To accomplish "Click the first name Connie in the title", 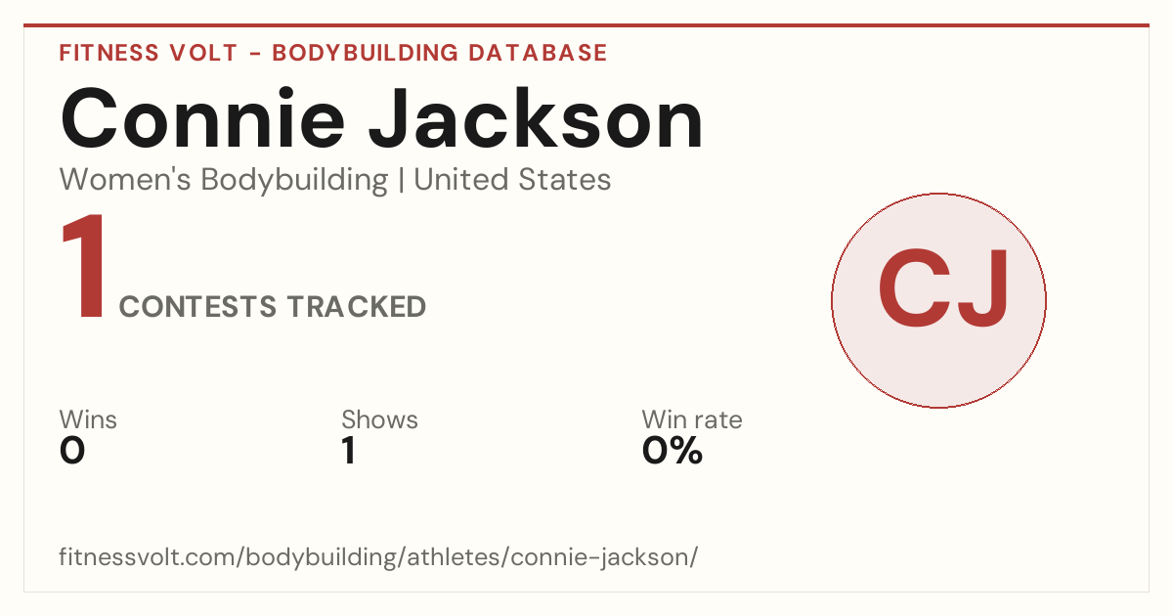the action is click(202, 119).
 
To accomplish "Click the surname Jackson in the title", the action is click(536, 119).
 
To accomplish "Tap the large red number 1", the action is click(84, 266).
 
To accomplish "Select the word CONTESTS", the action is click(197, 306).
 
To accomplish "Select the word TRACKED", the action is click(357, 306).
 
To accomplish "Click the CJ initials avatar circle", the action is click(939, 300).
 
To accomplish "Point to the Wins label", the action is click(88, 419).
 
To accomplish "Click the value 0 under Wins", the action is click(72, 451).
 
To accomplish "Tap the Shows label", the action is click(379, 419).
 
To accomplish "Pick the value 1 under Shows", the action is click(349, 451).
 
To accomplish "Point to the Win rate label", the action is click(692, 419).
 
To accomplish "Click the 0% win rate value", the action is click(673, 451).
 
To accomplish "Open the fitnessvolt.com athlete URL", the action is click(378, 556).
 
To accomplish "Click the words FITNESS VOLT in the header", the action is click(149, 53).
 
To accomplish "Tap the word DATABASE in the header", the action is click(538, 53).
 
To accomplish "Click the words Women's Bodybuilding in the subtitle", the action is click(224, 180).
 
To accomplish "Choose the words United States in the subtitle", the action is click(512, 179).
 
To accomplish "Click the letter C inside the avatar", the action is click(914, 287).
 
